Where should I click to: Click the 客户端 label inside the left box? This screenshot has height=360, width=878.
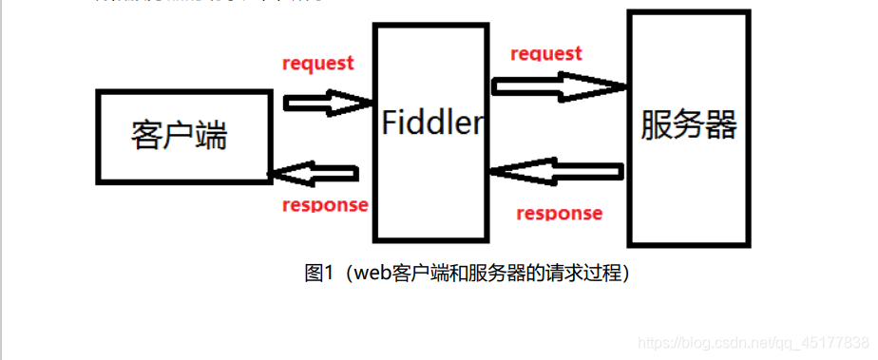179,137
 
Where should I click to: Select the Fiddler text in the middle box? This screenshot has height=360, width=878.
432,123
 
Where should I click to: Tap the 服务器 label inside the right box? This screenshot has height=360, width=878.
689,124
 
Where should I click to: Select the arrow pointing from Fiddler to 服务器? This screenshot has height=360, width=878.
559,86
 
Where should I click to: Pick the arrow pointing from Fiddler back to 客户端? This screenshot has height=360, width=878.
315,173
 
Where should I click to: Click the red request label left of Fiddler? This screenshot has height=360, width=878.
318,64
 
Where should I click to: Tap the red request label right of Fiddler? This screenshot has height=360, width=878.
546,53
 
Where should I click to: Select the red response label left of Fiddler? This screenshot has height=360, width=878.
325,205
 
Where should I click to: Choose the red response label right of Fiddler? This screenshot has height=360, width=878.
559,213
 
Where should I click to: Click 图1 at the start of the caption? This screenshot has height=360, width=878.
316,274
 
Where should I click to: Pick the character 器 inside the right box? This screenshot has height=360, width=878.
721,124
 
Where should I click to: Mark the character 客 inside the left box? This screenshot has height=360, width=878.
146,137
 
